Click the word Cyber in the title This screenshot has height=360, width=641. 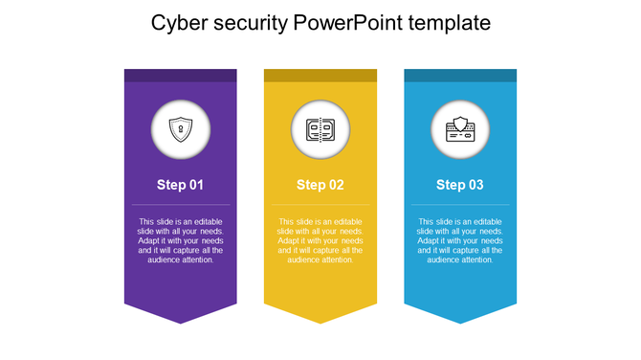179,22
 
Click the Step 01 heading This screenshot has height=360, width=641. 181,185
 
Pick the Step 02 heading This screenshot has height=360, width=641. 320,185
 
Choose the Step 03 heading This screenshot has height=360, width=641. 460,185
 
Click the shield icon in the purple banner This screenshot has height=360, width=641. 181,128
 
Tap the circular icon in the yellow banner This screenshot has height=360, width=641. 320,128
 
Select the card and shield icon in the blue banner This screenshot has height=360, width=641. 460,128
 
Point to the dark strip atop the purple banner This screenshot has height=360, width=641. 181,75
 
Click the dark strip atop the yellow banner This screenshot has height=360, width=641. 320,75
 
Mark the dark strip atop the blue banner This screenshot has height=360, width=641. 460,75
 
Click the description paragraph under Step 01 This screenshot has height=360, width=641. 181,240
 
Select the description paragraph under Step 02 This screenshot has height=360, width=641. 320,240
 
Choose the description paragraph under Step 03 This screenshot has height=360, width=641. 460,240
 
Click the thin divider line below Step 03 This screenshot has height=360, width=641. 460,204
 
